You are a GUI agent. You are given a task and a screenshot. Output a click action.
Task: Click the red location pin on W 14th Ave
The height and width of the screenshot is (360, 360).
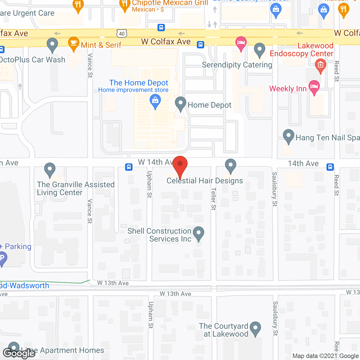[x=180, y=164]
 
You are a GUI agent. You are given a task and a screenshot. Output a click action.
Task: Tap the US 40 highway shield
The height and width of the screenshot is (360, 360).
[x=122, y=34]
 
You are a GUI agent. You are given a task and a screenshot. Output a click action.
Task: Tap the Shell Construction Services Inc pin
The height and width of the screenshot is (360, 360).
[x=199, y=233]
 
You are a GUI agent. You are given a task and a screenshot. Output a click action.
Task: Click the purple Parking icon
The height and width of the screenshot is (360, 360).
[x=2, y=258]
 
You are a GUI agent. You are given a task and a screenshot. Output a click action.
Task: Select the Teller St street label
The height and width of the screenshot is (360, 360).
[x=213, y=199]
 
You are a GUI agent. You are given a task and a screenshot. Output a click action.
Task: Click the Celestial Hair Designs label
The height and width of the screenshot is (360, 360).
[x=205, y=181]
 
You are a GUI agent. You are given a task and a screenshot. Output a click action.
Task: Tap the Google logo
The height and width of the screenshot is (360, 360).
[x=19, y=353]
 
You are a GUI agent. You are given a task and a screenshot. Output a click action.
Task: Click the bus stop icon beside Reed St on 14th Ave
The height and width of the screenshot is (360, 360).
[x=330, y=167]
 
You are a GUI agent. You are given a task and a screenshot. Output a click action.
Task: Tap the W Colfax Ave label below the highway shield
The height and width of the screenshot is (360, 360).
[x=166, y=42]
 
